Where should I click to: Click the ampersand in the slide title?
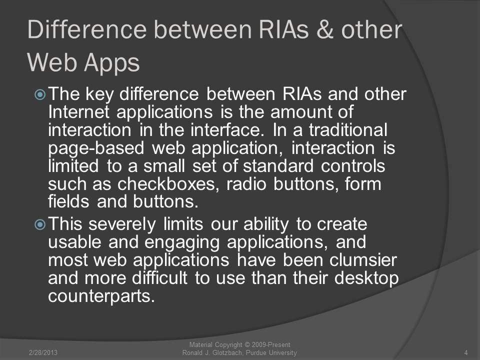(324, 29)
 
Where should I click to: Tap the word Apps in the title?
(111, 63)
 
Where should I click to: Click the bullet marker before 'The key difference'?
(40, 94)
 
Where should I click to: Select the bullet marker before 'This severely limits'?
(40, 225)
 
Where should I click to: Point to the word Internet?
(78, 111)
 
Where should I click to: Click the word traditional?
(348, 130)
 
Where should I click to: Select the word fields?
(68, 201)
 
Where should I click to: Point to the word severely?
(122, 224)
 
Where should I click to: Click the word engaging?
(182, 243)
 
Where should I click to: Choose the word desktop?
(366, 278)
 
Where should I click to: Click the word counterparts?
(101, 296)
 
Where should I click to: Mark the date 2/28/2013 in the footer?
(43, 352)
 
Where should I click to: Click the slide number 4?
(466, 352)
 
